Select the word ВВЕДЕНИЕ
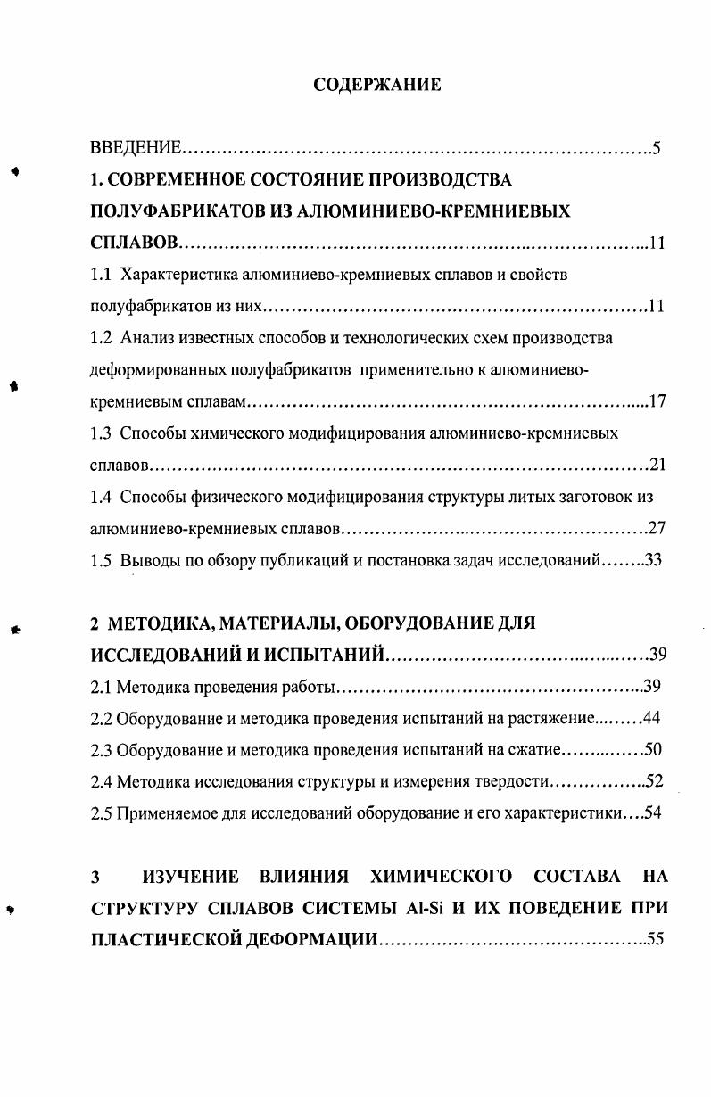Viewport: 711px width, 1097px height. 137,147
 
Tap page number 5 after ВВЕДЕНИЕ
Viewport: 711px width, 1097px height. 656,147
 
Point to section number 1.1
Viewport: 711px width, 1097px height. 103,275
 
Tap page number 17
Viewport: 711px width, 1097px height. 657,401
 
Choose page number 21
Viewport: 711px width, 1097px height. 657,465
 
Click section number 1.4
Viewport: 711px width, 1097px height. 103,497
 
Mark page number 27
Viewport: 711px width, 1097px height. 657,528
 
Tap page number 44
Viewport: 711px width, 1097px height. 651,718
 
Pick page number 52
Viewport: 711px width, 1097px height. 654,781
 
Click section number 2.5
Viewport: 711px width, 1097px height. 102,813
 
